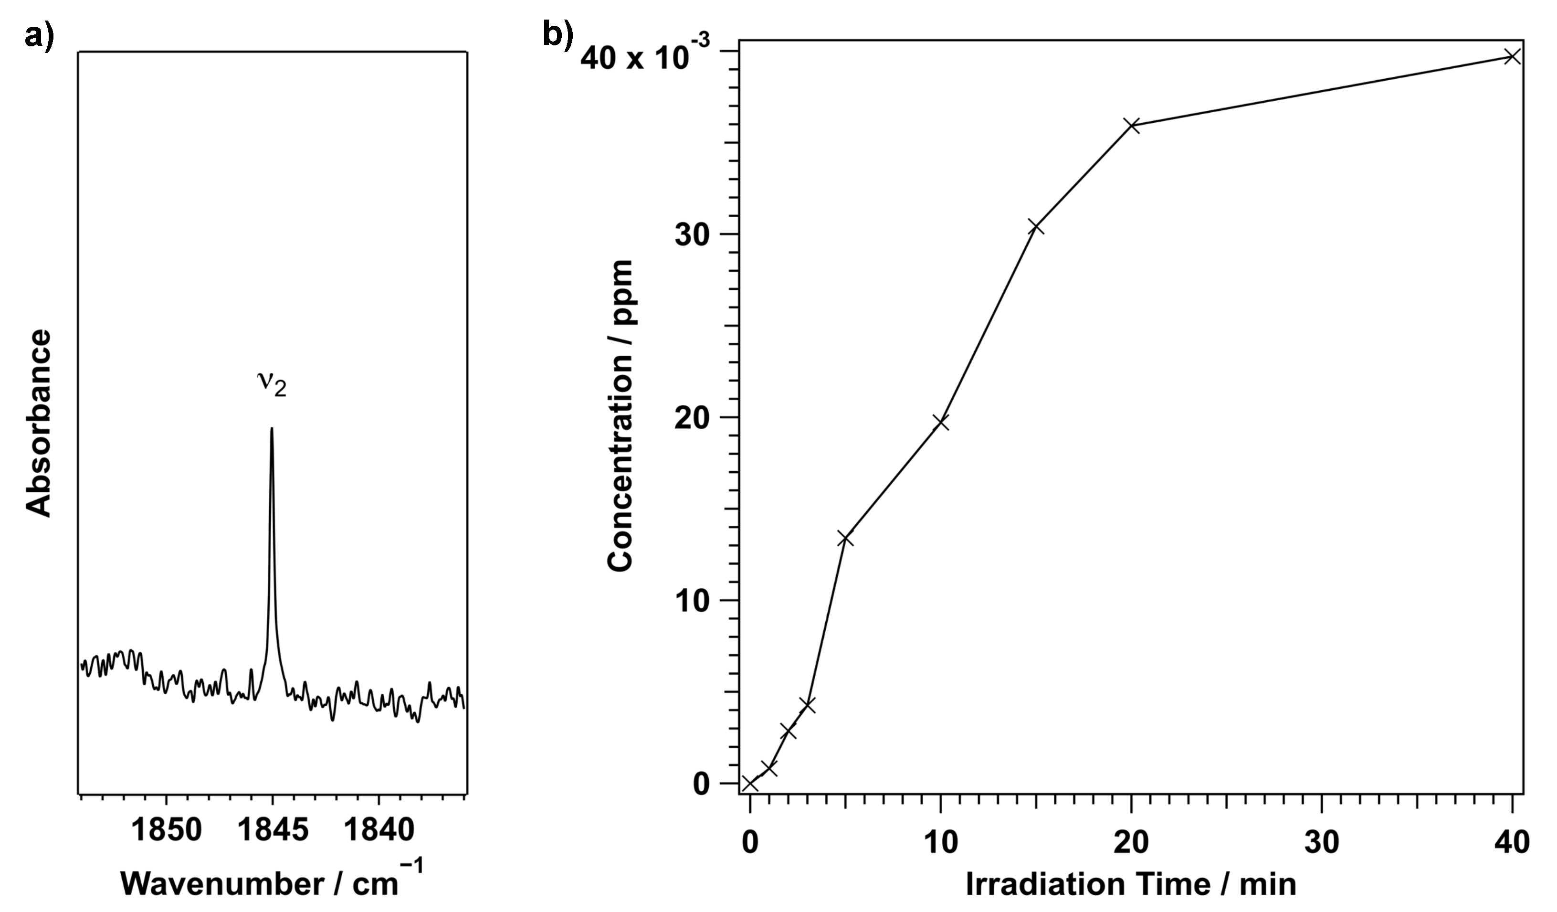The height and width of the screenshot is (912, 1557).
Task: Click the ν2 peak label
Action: pyautogui.click(x=272, y=384)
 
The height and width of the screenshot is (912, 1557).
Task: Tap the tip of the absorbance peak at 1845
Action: pyautogui.click(x=271, y=428)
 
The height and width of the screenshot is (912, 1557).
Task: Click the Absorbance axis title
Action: pyautogui.click(x=38, y=423)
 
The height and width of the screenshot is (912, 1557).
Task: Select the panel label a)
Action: pyautogui.click(x=40, y=36)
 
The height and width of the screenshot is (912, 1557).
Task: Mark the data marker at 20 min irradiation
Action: pyautogui.click(x=1131, y=126)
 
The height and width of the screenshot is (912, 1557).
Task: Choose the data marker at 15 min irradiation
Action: pyautogui.click(x=1035, y=228)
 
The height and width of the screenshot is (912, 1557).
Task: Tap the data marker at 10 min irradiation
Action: pyautogui.click(x=940, y=423)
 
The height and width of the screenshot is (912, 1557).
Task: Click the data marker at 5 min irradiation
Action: pyautogui.click(x=845, y=539)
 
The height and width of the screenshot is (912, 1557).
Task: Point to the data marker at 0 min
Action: pyautogui.click(x=749, y=784)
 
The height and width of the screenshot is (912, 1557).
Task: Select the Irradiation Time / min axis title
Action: pyautogui.click(x=1131, y=883)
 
